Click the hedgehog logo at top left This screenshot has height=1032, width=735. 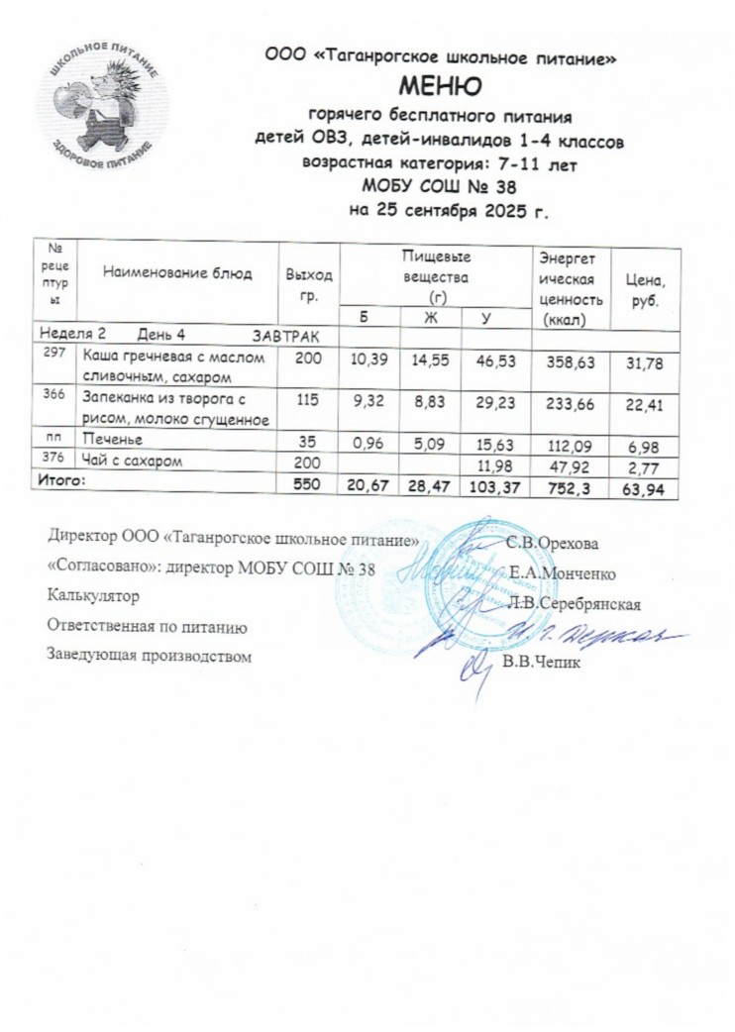pos(103,103)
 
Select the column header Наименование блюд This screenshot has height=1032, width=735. pos(178,272)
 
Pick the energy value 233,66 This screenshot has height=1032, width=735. pos(571,400)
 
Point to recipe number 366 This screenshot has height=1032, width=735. pos(52,394)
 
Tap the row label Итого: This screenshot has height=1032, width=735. pos(61,479)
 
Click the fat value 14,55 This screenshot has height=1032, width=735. pos(427,363)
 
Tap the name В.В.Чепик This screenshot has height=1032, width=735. pos(545,663)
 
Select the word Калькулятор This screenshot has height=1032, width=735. pos(88,597)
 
